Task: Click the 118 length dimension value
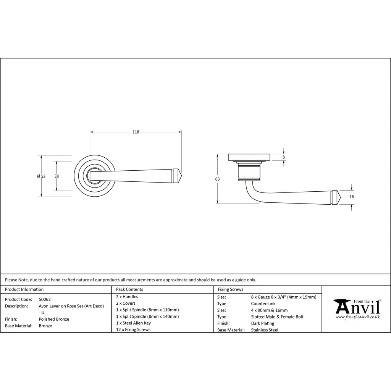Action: pyautogui.click(x=136, y=132)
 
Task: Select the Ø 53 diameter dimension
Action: pyautogui.click(x=41, y=176)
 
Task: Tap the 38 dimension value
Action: pyautogui.click(x=57, y=176)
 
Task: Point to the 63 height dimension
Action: pyautogui.click(x=217, y=179)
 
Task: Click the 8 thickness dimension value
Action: pyautogui.click(x=284, y=157)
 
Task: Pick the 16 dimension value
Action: pyautogui.click(x=352, y=197)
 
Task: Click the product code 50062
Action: pyautogui.click(x=45, y=299)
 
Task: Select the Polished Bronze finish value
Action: pyautogui.click(x=54, y=319)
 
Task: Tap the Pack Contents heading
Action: pyautogui.click(x=129, y=289)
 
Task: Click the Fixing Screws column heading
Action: pyautogui.click(x=231, y=289)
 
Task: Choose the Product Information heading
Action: pyautogui.click(x=24, y=289)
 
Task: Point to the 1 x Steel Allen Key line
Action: pyautogui.click(x=133, y=323)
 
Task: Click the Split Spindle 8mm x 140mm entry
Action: pyautogui.click(x=147, y=317)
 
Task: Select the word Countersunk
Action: pyautogui.click(x=263, y=304)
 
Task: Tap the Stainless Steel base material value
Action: pyautogui.click(x=265, y=330)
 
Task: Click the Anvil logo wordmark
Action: pyautogui.click(x=357, y=306)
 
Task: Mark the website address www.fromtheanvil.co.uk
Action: pyautogui.click(x=357, y=317)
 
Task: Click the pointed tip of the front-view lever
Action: pyautogui.click(x=182, y=176)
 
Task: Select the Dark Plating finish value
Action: pyautogui.click(x=263, y=323)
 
